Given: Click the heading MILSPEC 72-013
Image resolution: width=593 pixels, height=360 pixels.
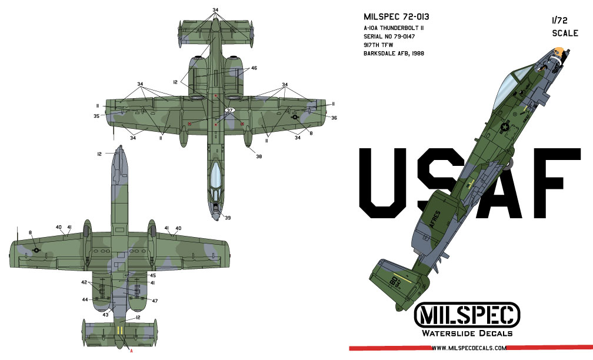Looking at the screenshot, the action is (x=397, y=17).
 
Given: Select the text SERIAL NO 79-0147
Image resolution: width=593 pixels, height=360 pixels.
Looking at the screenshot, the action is (x=389, y=36).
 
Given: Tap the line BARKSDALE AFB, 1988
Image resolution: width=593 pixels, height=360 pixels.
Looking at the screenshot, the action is (x=394, y=54).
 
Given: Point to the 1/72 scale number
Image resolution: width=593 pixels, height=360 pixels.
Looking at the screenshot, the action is (x=559, y=21).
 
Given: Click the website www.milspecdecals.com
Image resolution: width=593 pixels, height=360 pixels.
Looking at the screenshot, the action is (x=469, y=348).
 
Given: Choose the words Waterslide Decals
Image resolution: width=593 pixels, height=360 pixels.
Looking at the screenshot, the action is (x=467, y=333).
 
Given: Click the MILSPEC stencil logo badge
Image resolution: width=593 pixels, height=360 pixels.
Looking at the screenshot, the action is (x=467, y=315).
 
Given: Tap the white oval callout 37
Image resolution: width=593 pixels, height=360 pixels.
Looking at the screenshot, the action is (x=230, y=110).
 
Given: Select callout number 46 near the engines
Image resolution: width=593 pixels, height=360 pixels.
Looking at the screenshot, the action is (x=254, y=68).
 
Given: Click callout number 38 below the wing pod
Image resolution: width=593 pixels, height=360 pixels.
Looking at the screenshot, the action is (x=259, y=156).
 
